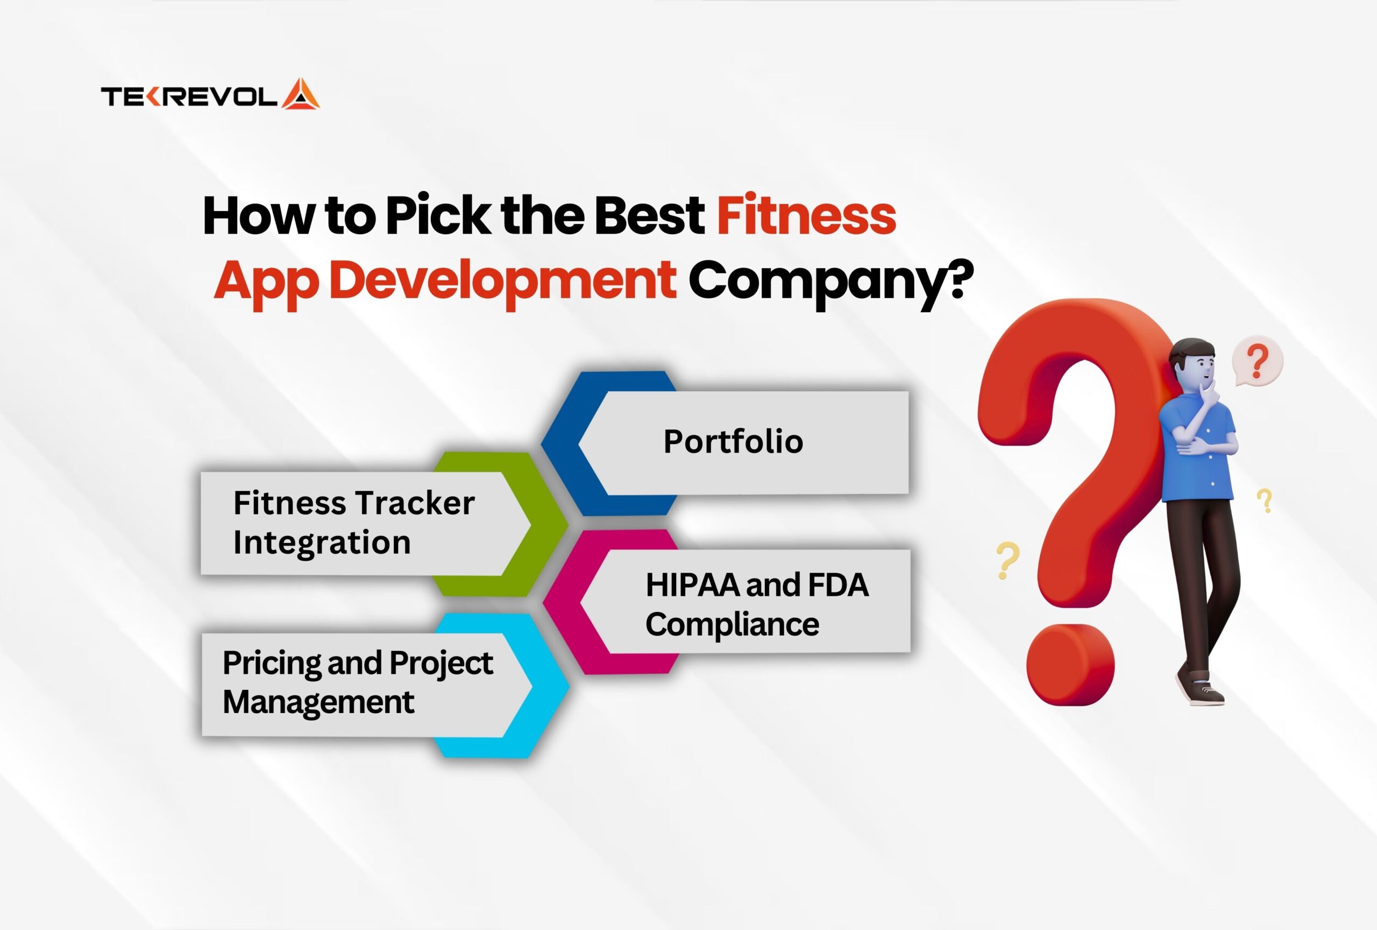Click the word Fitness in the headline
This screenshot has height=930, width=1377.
point(806,215)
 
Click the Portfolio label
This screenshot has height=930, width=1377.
point(733,441)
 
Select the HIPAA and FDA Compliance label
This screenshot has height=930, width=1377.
point(757,604)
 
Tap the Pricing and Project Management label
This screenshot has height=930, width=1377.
point(357,683)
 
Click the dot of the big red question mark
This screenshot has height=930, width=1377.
point(1070,665)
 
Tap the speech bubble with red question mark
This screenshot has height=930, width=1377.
point(1257,362)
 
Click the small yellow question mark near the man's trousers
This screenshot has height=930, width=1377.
point(1265,501)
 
